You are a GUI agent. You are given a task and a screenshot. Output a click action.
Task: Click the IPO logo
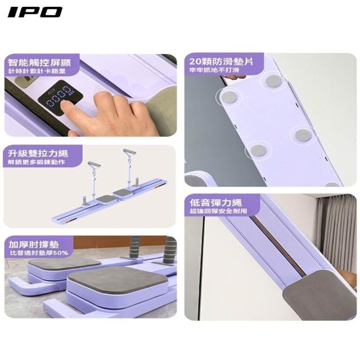pos(35,12)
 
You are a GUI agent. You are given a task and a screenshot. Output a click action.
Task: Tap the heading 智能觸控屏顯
pos(39,62)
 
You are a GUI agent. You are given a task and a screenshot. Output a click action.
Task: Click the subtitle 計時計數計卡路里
pos(37,71)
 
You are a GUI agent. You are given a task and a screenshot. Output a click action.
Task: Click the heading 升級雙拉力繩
pos(38,154)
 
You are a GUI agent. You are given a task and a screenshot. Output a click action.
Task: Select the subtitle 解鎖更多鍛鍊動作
pos(36,162)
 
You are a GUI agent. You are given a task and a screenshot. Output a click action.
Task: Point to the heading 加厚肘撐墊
pos(34,245)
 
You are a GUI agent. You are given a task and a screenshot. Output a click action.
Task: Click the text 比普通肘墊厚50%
pos(39,253)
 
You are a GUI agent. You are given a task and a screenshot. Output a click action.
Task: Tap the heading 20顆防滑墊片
pos(221,61)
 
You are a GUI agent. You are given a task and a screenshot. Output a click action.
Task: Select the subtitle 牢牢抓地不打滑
pos(214,70)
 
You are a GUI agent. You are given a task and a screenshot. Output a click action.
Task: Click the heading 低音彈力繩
pos(215,202)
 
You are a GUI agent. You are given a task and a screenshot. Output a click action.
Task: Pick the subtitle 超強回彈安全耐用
pos(218,211)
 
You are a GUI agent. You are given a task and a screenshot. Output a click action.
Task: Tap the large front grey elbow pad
pos(118,278)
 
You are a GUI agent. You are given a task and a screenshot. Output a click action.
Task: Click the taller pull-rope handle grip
pos(129,152)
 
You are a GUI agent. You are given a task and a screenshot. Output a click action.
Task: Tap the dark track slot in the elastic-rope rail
pos(277,245)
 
